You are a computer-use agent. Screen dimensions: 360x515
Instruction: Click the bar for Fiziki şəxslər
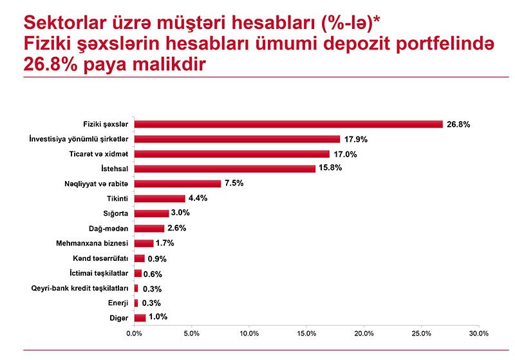point(288,124)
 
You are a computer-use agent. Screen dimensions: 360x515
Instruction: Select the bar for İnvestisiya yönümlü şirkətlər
point(237,139)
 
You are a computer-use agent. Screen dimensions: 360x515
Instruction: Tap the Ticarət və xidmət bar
point(232,154)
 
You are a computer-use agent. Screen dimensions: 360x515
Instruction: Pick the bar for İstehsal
point(225,169)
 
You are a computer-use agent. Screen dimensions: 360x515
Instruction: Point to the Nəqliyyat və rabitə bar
point(177,184)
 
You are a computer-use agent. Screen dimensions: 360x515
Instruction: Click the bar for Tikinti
point(159,198)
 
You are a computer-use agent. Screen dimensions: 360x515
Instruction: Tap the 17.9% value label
point(355,139)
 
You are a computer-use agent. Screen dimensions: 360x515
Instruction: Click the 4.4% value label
point(198,198)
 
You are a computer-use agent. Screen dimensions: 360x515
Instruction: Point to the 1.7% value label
point(165,243)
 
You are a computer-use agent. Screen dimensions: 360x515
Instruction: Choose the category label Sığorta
point(117,213)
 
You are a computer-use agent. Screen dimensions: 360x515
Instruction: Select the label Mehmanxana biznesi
point(93,243)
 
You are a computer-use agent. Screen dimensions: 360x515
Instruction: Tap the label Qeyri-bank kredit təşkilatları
point(80,288)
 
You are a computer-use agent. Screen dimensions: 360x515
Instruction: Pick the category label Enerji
point(118,303)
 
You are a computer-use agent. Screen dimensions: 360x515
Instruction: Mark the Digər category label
point(119,317)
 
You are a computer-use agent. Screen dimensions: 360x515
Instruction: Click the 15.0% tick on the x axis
point(306,334)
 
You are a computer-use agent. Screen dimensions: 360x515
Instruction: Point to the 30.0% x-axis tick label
point(479,334)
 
